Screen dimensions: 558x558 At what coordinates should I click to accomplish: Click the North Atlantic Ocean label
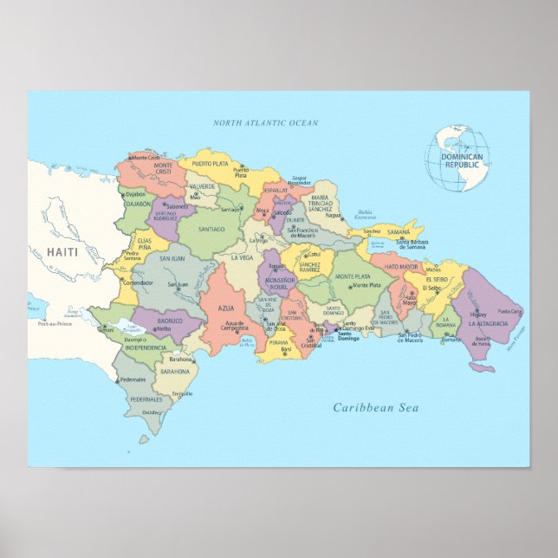click(265, 123)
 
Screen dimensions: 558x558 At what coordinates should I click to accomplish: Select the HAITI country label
click(62, 251)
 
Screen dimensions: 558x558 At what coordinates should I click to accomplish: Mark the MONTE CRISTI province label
click(145, 168)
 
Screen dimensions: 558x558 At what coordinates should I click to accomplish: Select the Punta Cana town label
click(509, 310)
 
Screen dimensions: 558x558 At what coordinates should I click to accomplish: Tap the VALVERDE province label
click(203, 186)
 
